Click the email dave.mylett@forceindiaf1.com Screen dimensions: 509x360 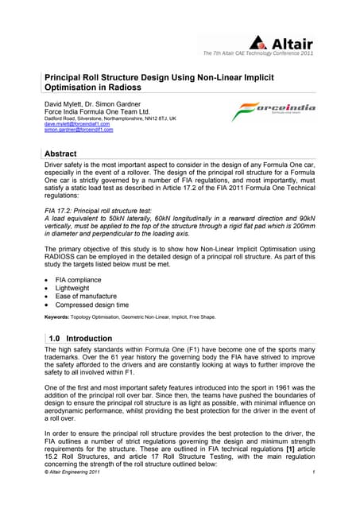click(x=77, y=123)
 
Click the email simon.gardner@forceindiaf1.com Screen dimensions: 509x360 click(x=81, y=130)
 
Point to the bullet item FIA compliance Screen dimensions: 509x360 click(x=83, y=282)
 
